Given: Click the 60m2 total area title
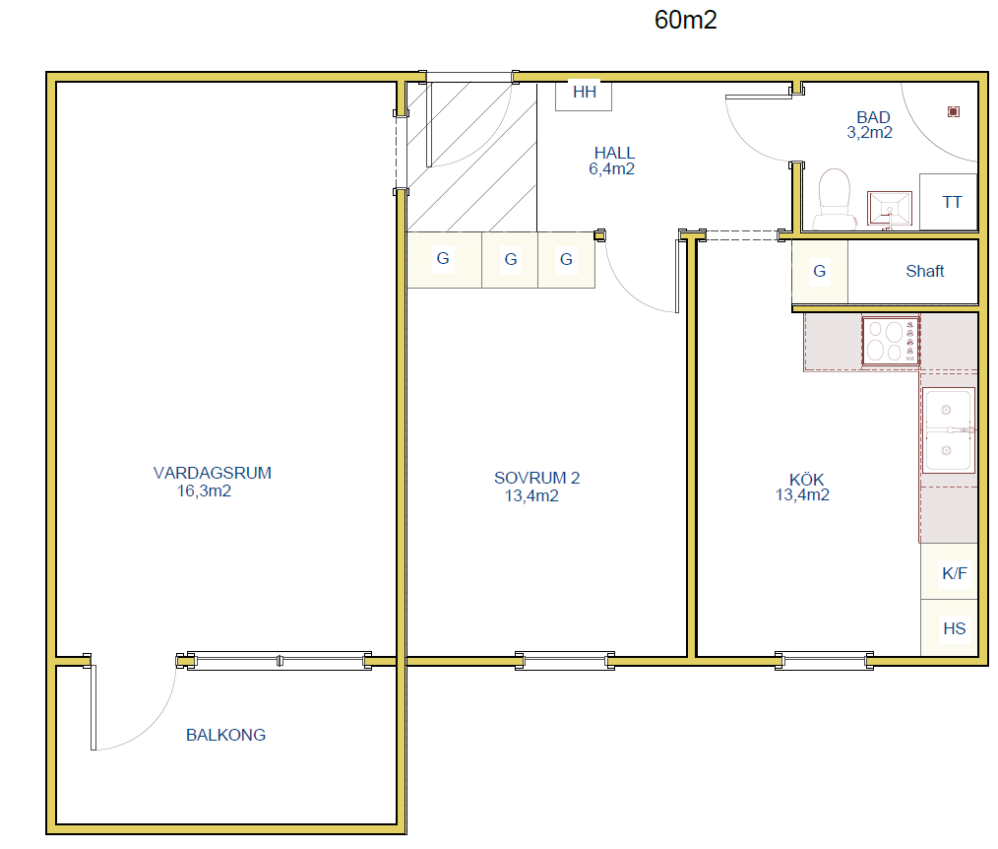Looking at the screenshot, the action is pos(685,20).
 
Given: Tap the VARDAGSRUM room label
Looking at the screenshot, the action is pos(212,473).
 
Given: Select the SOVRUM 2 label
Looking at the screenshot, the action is pos(536,478).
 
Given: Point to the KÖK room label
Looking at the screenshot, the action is pos(806,479).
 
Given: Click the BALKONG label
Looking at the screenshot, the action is pos(226,735).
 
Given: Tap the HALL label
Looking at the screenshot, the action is pos(614,153).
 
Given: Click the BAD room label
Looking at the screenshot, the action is pos(873,117).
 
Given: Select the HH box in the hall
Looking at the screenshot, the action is pos(584,96).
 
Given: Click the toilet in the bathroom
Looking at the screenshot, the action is pos(835,198).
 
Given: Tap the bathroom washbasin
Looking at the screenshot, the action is pos(890,208).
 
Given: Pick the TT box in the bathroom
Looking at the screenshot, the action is pos(949,202).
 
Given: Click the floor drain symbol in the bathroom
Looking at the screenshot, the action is pos(954,112).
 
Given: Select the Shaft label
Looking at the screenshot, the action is pos(925,271).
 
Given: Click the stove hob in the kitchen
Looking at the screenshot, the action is pos(891,342).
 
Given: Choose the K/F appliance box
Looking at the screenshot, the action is pos(950,571).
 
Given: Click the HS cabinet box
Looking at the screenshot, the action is pos(950,628).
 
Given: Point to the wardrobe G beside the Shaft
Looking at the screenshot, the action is pos(820,271).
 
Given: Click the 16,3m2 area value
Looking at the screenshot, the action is pos(204,491).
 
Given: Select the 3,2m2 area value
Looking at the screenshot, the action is pos(869,133).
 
